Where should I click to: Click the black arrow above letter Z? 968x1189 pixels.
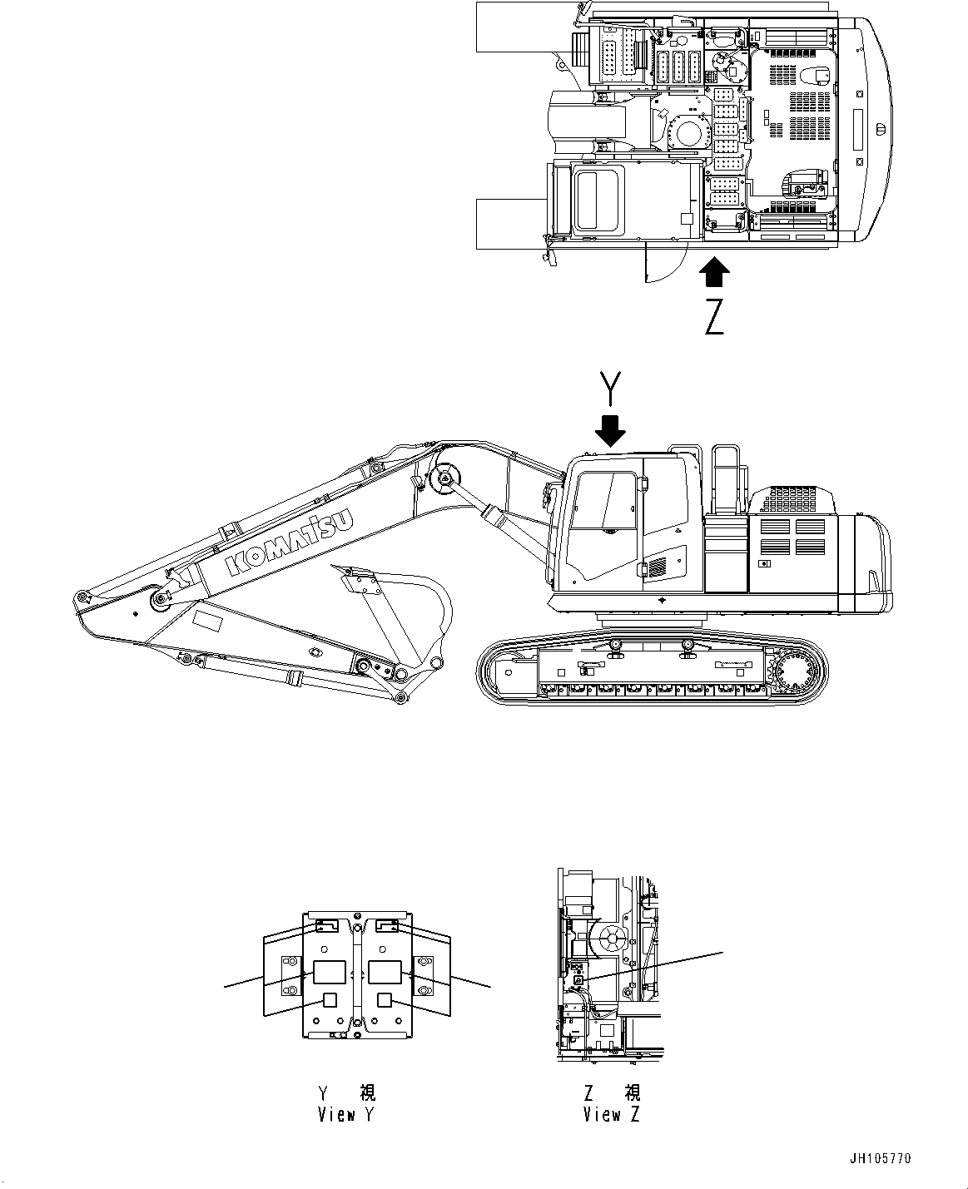coord(714,271)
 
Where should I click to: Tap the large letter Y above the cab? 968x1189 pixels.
coord(612,389)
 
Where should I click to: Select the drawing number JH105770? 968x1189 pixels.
coord(880,1158)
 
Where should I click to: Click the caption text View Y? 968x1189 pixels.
coord(345,1115)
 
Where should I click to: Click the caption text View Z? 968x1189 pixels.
coord(612,1115)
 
